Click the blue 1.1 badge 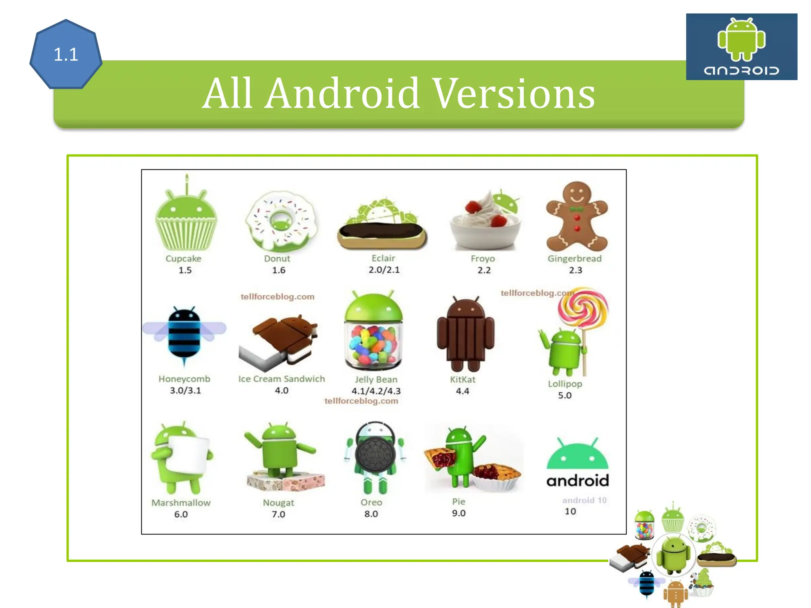point(66,54)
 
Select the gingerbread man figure point(577,217)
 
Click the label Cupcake point(183,258)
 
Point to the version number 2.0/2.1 point(384,270)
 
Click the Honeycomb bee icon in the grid point(184,334)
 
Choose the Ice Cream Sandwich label point(282,379)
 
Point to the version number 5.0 point(565,395)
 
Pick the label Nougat point(278,503)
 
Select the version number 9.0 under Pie point(459,513)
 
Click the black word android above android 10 point(577,481)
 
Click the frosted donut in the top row point(281,222)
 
